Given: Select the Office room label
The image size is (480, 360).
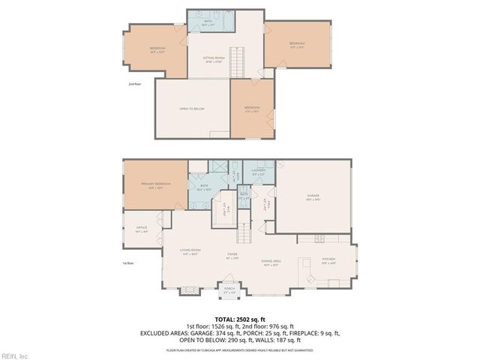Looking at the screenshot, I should click(x=142, y=229).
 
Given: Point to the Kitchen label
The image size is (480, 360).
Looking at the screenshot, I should click(x=328, y=260).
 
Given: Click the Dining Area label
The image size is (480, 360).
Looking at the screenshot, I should click(x=270, y=262).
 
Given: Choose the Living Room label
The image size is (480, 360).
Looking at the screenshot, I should click(x=190, y=250).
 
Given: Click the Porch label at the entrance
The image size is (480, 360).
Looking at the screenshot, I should click(x=229, y=289).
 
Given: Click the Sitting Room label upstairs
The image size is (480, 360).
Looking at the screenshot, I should click(x=214, y=58).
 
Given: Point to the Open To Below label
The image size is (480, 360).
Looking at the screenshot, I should click(x=192, y=109).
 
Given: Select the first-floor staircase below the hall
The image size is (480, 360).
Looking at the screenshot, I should click(x=244, y=232).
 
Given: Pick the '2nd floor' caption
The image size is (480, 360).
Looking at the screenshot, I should click(x=134, y=85).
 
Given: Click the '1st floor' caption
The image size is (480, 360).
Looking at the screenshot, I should click(x=128, y=264).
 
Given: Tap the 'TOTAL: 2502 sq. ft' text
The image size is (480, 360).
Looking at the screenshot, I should click(x=240, y=319).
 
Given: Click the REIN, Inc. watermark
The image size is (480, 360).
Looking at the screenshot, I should click(x=15, y=355).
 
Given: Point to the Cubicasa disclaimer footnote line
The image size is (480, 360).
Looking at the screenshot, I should click(x=240, y=350).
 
